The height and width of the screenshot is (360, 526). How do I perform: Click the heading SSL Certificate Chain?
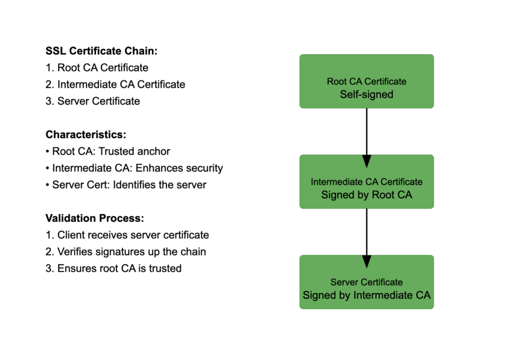click(x=101, y=51)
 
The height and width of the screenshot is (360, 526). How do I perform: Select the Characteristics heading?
click(x=85, y=135)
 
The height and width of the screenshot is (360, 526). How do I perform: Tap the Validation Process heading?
click(x=95, y=218)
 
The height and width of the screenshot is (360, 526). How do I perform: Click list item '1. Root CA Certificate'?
click(x=97, y=68)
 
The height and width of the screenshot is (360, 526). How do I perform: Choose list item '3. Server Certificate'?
click(x=93, y=101)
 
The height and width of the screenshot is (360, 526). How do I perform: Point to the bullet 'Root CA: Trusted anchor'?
click(x=108, y=151)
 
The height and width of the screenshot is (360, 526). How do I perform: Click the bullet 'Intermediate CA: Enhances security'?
click(x=134, y=168)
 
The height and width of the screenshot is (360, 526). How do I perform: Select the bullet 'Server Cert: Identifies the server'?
click(x=126, y=185)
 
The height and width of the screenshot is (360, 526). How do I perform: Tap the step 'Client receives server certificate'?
click(x=127, y=235)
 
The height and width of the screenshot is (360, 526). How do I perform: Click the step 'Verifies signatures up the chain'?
click(x=126, y=252)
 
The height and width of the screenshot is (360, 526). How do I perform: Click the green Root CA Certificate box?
click(x=367, y=81)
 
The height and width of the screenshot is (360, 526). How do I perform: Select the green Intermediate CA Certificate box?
click(x=367, y=181)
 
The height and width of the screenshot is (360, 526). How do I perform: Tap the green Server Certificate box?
click(x=367, y=282)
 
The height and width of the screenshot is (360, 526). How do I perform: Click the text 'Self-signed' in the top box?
click(x=367, y=94)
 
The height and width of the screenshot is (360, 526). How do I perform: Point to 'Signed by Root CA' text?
click(x=367, y=195)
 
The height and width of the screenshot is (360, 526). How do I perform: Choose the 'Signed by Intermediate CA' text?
click(x=367, y=295)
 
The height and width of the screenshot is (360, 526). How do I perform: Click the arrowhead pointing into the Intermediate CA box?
click(x=367, y=161)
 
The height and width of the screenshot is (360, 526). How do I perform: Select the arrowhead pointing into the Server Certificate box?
click(x=367, y=261)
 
